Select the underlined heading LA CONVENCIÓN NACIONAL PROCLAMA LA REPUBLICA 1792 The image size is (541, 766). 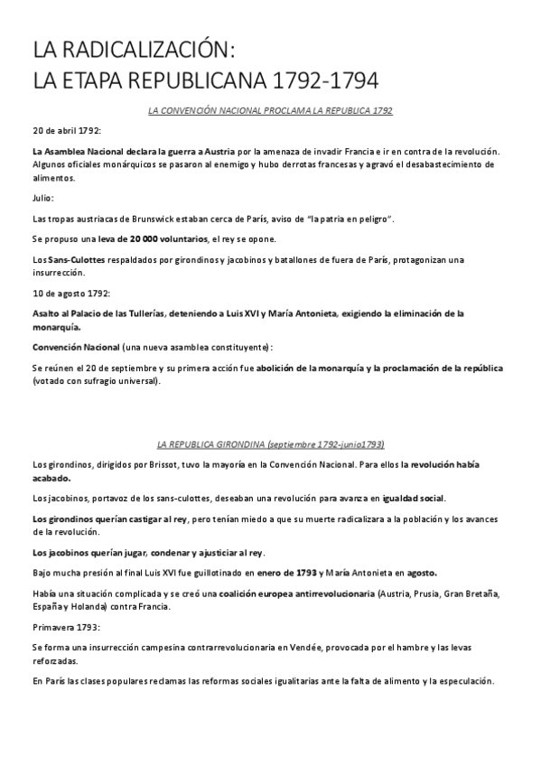tap(270, 110)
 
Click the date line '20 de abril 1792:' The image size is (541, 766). tap(66, 131)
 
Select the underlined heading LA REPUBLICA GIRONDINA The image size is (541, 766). tap(210, 444)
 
